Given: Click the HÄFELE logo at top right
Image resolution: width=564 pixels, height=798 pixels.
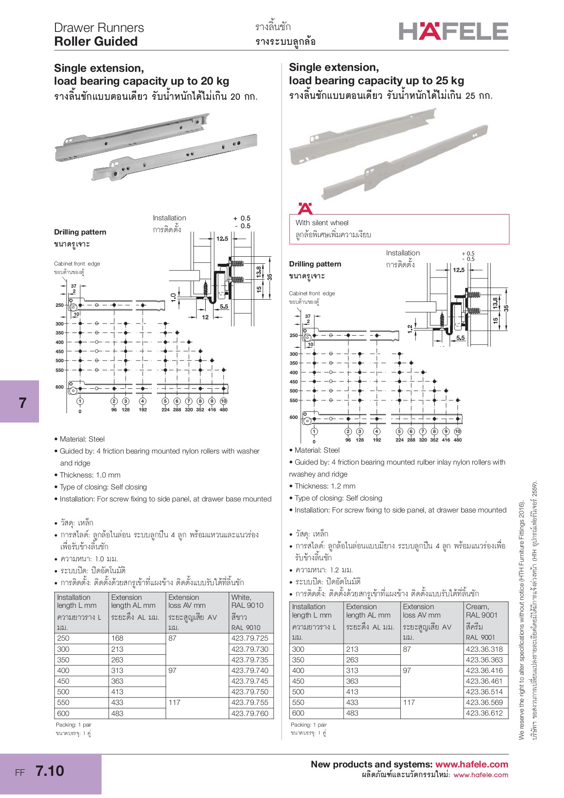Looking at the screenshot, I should tap(453, 31).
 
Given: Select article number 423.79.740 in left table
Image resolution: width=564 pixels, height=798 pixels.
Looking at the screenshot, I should tap(250, 670).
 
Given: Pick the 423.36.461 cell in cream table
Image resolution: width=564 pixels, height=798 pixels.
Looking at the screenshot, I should tap(484, 681).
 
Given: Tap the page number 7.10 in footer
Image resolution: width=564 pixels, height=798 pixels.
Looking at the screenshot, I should tap(50, 771).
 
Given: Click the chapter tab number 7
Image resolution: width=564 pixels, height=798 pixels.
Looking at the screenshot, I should tap(22, 403).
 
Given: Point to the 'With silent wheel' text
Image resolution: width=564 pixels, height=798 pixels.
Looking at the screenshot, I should tap(322, 223).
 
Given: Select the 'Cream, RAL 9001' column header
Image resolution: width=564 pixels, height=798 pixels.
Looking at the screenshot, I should tap(482, 610).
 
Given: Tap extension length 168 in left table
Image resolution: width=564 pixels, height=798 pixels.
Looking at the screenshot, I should tap(117, 638).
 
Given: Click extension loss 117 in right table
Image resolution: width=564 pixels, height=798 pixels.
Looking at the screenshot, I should tap(409, 702).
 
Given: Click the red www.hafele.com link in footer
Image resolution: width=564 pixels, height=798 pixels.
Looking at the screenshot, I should tap(471, 764).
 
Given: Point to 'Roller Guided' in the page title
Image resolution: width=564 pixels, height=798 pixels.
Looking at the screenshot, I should tap(96, 41).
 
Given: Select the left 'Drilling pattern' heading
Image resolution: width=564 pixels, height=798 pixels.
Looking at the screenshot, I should tap(80, 232).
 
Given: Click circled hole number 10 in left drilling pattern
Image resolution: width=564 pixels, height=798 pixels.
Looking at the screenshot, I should tap(223, 401).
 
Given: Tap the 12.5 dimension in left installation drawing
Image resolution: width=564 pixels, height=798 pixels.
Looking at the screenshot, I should tap(222, 239).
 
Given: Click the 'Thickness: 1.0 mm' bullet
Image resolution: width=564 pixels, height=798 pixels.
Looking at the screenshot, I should tap(90, 475).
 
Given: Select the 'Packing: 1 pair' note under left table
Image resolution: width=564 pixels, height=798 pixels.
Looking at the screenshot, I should tap(74, 724).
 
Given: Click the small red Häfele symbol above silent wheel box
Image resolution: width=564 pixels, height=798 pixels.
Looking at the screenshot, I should tap(305, 208).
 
